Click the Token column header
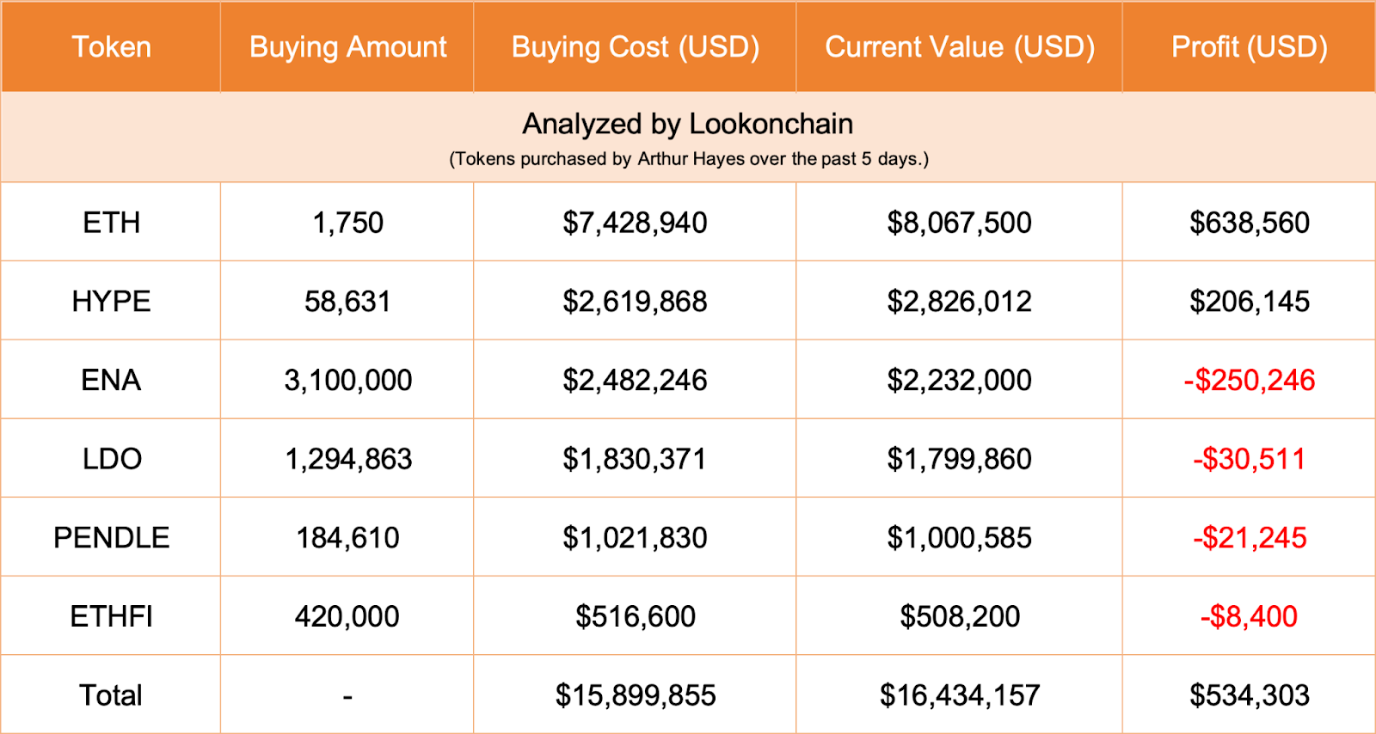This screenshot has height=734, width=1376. pos(111,47)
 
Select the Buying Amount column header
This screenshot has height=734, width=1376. pos(347,47)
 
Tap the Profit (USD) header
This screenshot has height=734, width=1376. pos(1249,47)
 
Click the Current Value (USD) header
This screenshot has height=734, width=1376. pos(959,47)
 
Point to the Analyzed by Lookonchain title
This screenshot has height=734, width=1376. pos(687,124)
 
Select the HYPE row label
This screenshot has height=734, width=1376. pos(111,302)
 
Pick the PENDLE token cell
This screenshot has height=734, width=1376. pos(111,538)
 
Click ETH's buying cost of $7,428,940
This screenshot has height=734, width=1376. pos(635,223)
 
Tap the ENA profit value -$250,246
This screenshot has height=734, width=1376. pos(1249,381)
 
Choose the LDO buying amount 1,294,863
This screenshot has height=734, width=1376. pos(347,459)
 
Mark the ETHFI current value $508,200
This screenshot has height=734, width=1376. pos(959,616)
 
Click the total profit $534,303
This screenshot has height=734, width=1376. pos(1249,695)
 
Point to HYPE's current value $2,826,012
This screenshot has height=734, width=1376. pos(959,302)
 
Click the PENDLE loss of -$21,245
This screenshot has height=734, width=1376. pos(1249,538)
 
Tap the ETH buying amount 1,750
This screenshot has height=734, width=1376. pos(347,223)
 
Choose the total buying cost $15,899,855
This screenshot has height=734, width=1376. pos(635,695)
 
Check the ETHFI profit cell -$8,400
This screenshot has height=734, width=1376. pos(1249,616)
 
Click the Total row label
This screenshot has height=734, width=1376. pos(111,695)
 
